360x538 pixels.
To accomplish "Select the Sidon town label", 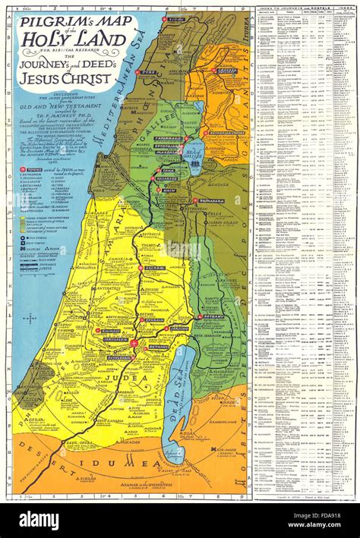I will (x=177, y=20).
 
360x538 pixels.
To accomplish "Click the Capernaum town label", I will (x=167, y=139).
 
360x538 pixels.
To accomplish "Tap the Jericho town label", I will (x=180, y=329).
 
